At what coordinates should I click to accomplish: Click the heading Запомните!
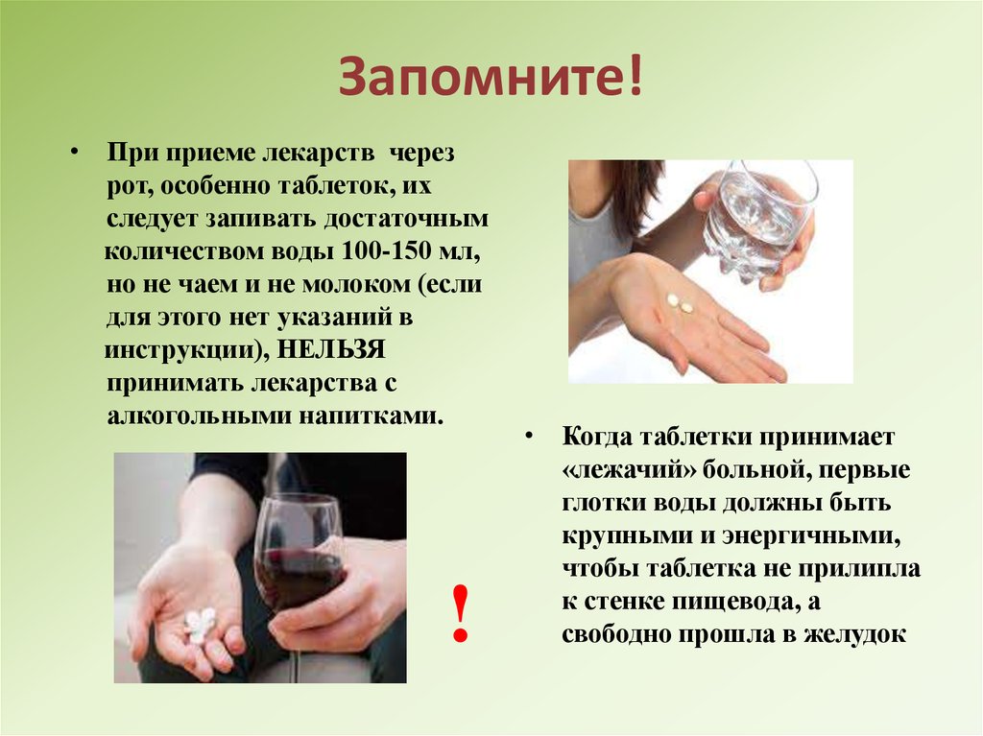(x=491, y=77)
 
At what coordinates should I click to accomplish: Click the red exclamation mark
(x=461, y=612)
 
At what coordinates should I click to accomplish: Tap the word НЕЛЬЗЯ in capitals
(x=330, y=349)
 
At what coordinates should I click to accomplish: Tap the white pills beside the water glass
(x=680, y=303)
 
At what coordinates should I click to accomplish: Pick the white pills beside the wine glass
(x=200, y=623)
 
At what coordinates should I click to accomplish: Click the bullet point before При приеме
(x=75, y=153)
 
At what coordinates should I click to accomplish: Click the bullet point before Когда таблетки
(x=530, y=436)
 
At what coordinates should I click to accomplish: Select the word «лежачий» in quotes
(x=629, y=470)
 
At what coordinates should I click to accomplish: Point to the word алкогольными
(x=198, y=415)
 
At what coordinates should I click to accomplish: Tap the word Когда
(x=595, y=437)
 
